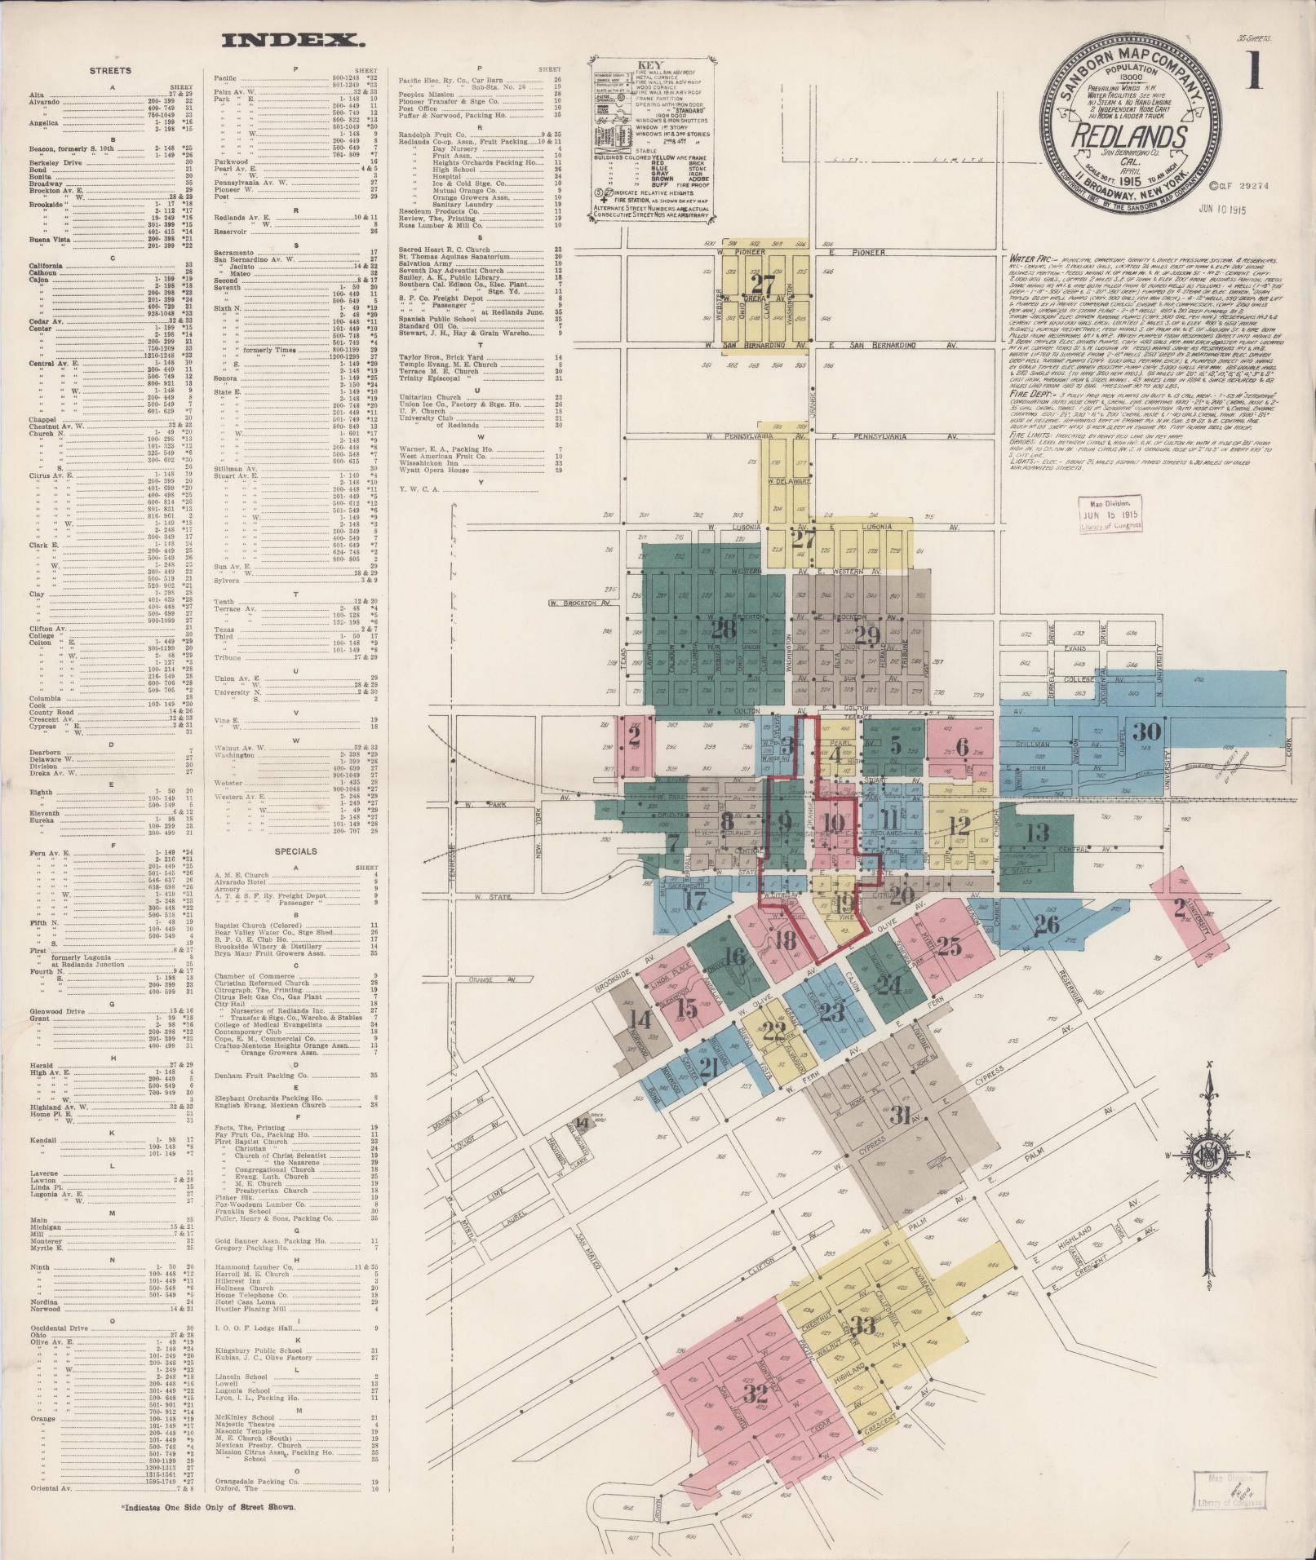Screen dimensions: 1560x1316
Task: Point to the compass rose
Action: [x=1209, y=1156]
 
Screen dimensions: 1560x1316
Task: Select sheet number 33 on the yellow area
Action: [x=863, y=1326]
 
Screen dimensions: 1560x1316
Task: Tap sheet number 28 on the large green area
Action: [x=723, y=630]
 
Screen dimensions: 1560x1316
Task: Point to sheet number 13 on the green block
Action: [x=1037, y=833]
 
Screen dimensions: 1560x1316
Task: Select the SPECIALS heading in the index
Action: [x=295, y=851]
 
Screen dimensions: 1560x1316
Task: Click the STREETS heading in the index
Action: [x=109, y=71]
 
